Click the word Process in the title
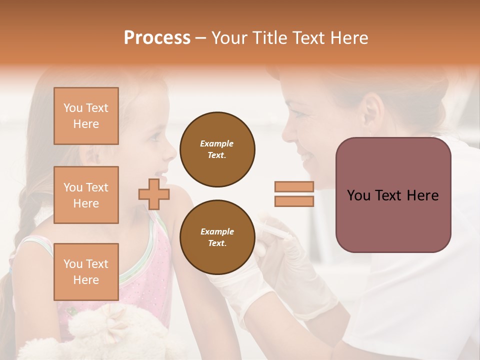coord(157,38)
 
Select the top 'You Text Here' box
coord(86,116)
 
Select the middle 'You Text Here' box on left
coord(86,195)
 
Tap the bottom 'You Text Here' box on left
coord(86,272)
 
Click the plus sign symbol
coord(154,193)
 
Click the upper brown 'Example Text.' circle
coord(217,149)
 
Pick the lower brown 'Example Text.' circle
coord(217,237)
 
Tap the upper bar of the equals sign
coord(294,186)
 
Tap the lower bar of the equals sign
coord(294,201)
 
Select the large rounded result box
coord(393,195)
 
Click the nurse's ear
coord(370,111)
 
